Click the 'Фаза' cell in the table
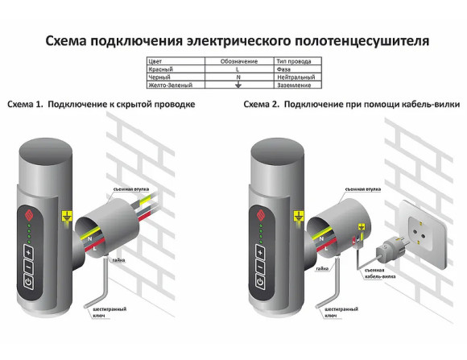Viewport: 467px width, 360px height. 283,70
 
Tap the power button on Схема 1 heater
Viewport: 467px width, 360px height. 30,282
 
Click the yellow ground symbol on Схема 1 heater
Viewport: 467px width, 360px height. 66,215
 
